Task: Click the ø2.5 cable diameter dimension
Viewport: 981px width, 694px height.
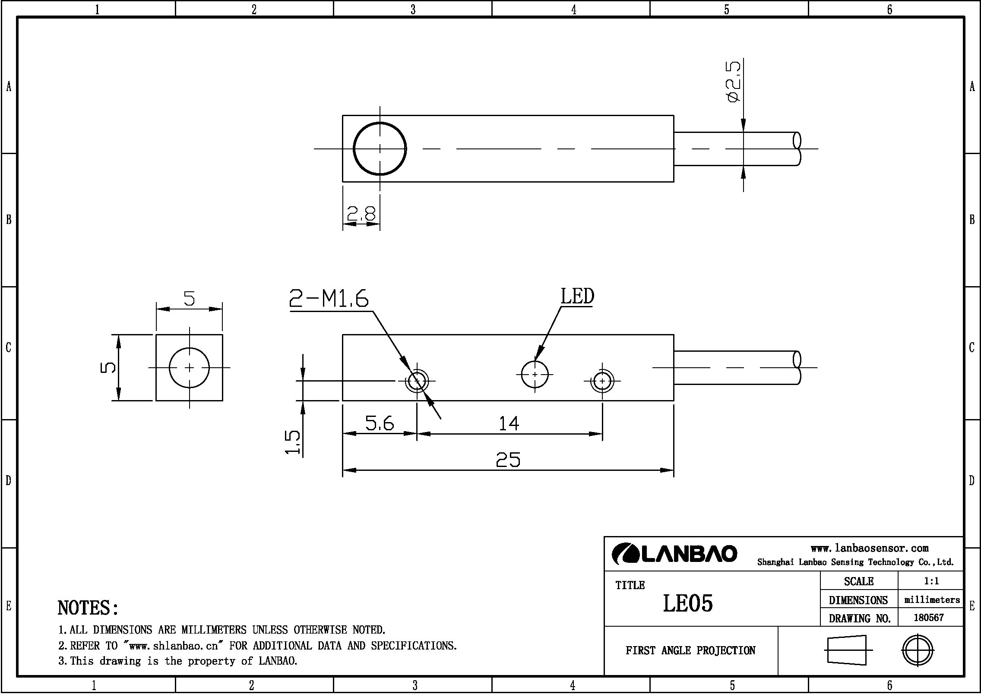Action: (733, 82)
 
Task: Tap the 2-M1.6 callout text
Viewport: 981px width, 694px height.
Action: (329, 298)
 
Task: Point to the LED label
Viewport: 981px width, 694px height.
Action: (577, 297)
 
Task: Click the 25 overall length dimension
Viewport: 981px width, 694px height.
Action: (508, 460)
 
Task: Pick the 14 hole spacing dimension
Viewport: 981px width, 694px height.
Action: (509, 423)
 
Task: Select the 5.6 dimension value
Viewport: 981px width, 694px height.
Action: (380, 423)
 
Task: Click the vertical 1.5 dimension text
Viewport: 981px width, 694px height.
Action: (293, 442)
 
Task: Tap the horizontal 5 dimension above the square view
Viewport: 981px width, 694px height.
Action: (189, 298)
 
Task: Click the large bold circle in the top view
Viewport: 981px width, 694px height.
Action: (380, 148)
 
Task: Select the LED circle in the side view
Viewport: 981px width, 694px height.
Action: (535, 374)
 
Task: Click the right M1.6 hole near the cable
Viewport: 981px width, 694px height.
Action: (602, 381)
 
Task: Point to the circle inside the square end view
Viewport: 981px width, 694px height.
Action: (189, 368)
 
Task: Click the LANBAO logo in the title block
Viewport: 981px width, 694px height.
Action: (675, 554)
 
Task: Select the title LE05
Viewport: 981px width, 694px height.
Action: (687, 603)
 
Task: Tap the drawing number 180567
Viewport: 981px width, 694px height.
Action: (928, 618)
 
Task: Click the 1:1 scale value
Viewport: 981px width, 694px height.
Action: (931, 581)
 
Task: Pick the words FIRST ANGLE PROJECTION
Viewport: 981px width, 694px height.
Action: (690, 650)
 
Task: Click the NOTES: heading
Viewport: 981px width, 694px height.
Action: (88, 608)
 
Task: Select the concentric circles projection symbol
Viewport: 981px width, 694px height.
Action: (918, 650)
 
